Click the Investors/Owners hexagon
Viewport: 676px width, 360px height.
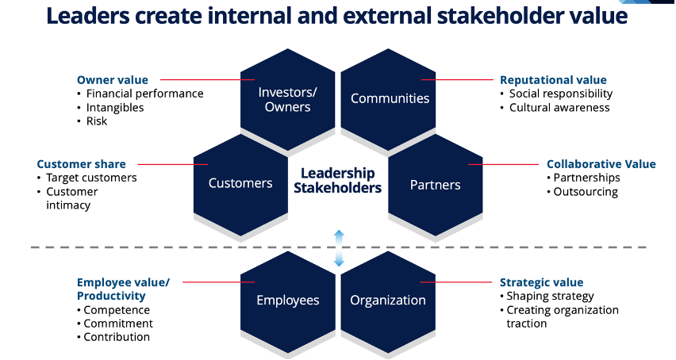click(x=287, y=99)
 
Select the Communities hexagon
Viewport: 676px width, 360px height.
click(x=390, y=98)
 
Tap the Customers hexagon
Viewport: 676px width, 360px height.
click(x=240, y=183)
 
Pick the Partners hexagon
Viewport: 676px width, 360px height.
click(x=435, y=185)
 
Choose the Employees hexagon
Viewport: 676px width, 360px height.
click(x=287, y=300)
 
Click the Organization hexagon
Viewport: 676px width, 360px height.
click(x=388, y=300)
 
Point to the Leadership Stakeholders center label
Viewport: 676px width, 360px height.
click(x=338, y=181)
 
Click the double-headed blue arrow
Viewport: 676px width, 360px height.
click(x=339, y=247)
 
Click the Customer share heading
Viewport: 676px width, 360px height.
click(x=81, y=164)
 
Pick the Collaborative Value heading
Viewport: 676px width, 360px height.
click(x=601, y=164)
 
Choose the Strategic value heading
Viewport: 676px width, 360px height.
click(x=541, y=282)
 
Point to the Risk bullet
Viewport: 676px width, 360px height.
click(x=97, y=121)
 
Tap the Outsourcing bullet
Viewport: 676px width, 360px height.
click(x=586, y=191)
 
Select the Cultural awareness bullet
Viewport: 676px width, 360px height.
click(x=559, y=107)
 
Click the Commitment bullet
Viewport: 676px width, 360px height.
click(x=118, y=324)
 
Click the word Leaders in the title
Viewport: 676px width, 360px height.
click(x=83, y=16)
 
